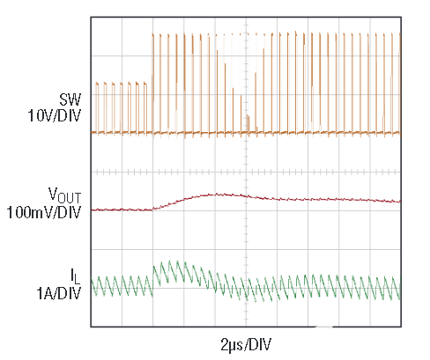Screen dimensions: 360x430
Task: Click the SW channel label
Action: (69, 99)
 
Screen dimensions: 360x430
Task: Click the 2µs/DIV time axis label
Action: (246, 342)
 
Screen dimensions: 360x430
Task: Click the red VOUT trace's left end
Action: (92, 209)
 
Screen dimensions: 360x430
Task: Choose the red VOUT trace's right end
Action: (401, 202)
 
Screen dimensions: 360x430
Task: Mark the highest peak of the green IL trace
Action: (173, 261)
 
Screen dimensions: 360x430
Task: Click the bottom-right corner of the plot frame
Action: (402, 327)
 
